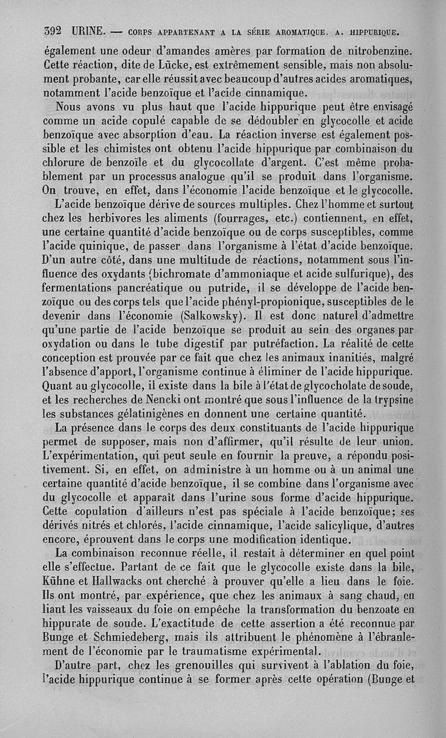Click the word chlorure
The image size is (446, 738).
(x=66, y=164)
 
